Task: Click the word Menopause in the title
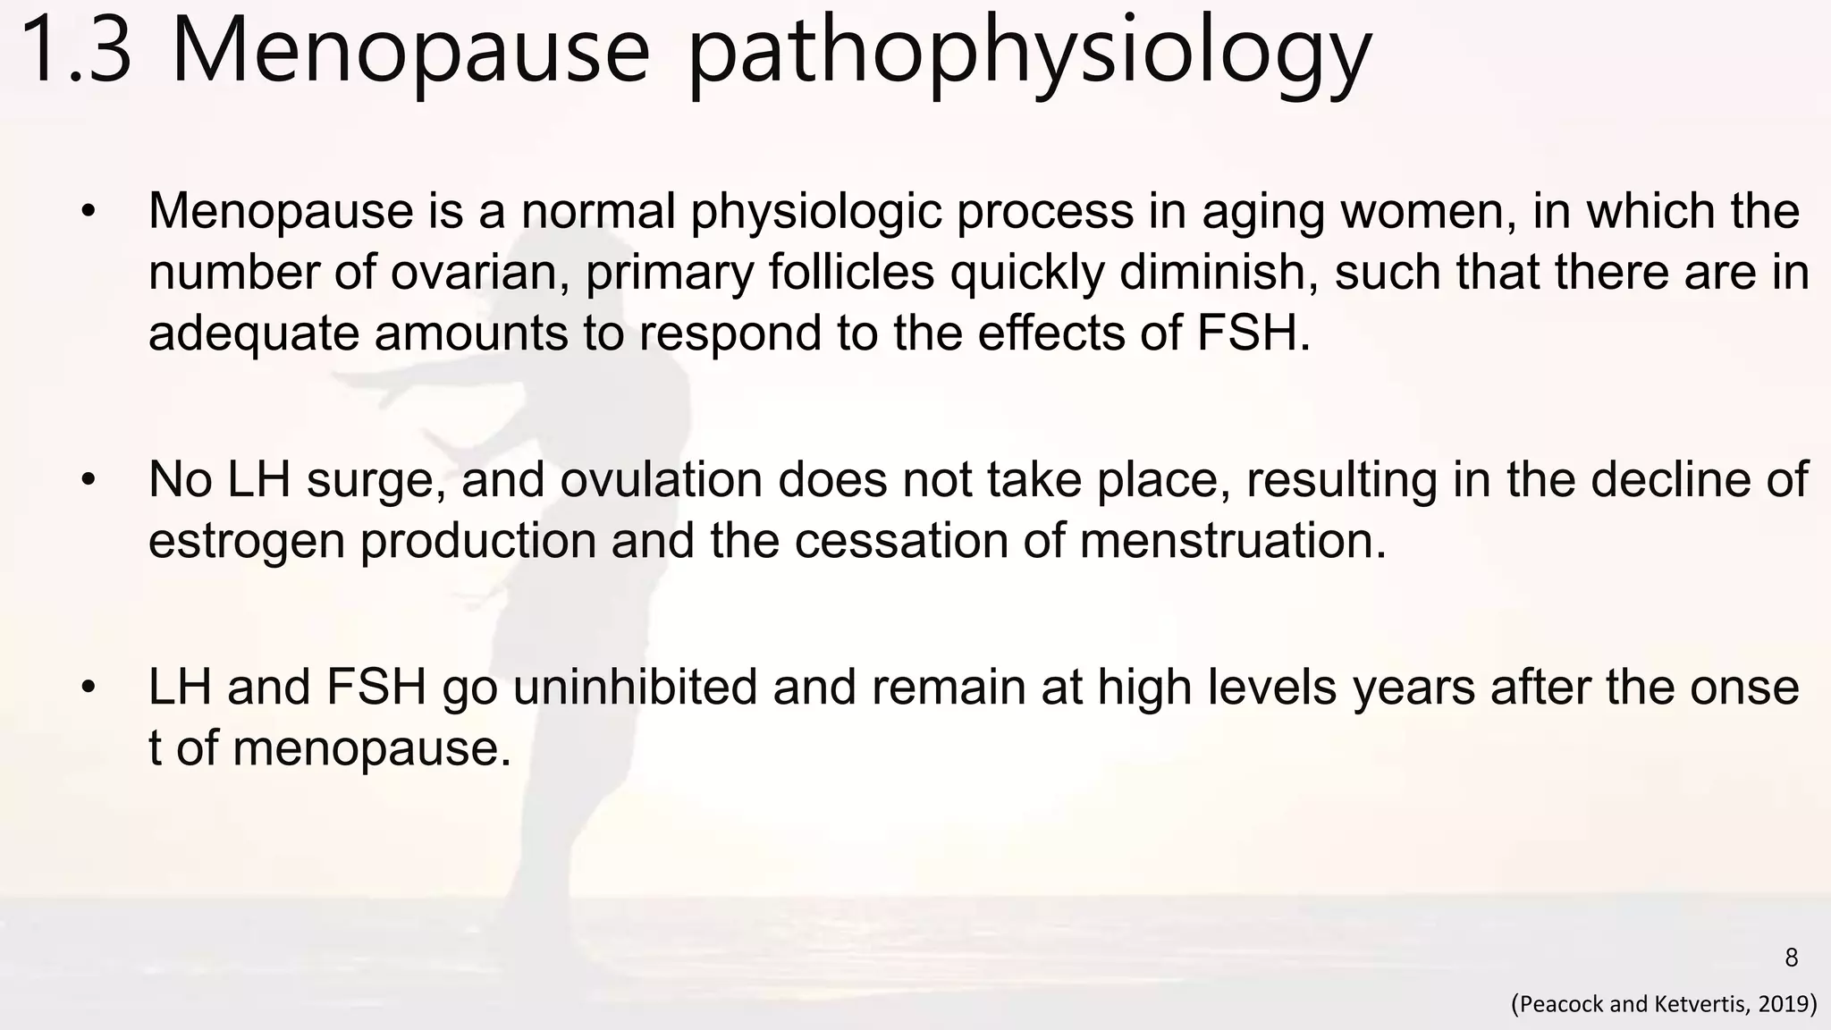pyautogui.click(x=409, y=51)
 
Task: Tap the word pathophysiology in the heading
pyautogui.click(x=1028, y=54)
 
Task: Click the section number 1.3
pyautogui.click(x=76, y=51)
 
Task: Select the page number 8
pyautogui.click(x=1791, y=958)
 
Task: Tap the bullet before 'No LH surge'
pyautogui.click(x=88, y=481)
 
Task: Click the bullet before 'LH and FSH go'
pyautogui.click(x=88, y=688)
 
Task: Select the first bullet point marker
pyautogui.click(x=88, y=213)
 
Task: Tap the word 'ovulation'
pyautogui.click(x=661, y=480)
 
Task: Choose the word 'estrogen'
pyautogui.click(x=246, y=542)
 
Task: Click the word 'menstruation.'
pyautogui.click(x=1233, y=541)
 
